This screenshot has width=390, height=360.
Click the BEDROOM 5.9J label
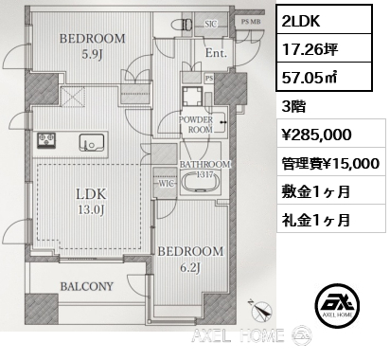coord(93,46)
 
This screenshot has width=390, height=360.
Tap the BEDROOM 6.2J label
coord(190,259)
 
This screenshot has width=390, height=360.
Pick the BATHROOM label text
coord(204,164)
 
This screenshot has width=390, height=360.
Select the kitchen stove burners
coord(45,142)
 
